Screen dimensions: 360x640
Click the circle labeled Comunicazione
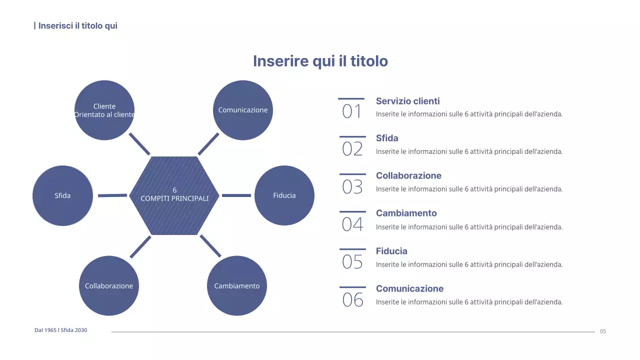[x=243, y=110]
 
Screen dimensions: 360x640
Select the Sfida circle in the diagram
[x=62, y=195]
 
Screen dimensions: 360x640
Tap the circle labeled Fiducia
[x=284, y=195]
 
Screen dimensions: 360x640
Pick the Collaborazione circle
[x=109, y=286]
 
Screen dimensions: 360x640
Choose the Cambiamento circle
[x=237, y=286]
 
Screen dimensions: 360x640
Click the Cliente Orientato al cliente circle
[x=104, y=110]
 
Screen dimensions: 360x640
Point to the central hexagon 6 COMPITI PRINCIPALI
[x=174, y=195]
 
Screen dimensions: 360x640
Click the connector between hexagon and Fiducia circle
[x=236, y=195]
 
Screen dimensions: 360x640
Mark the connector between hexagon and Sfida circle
[x=112, y=195]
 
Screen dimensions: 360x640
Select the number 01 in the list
[x=352, y=111]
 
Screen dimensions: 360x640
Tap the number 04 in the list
[x=352, y=224]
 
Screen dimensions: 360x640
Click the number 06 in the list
[x=352, y=300]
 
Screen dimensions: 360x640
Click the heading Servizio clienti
[x=408, y=101]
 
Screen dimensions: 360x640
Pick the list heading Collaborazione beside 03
[x=408, y=175]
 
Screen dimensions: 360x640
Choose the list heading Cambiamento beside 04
[x=406, y=213]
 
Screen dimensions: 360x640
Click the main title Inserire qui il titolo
[x=320, y=61]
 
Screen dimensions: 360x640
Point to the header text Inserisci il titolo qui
[x=77, y=25]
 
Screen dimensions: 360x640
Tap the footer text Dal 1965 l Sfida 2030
[x=60, y=330]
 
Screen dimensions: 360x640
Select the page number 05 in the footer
[x=603, y=331]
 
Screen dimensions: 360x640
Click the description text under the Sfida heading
[x=469, y=151]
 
